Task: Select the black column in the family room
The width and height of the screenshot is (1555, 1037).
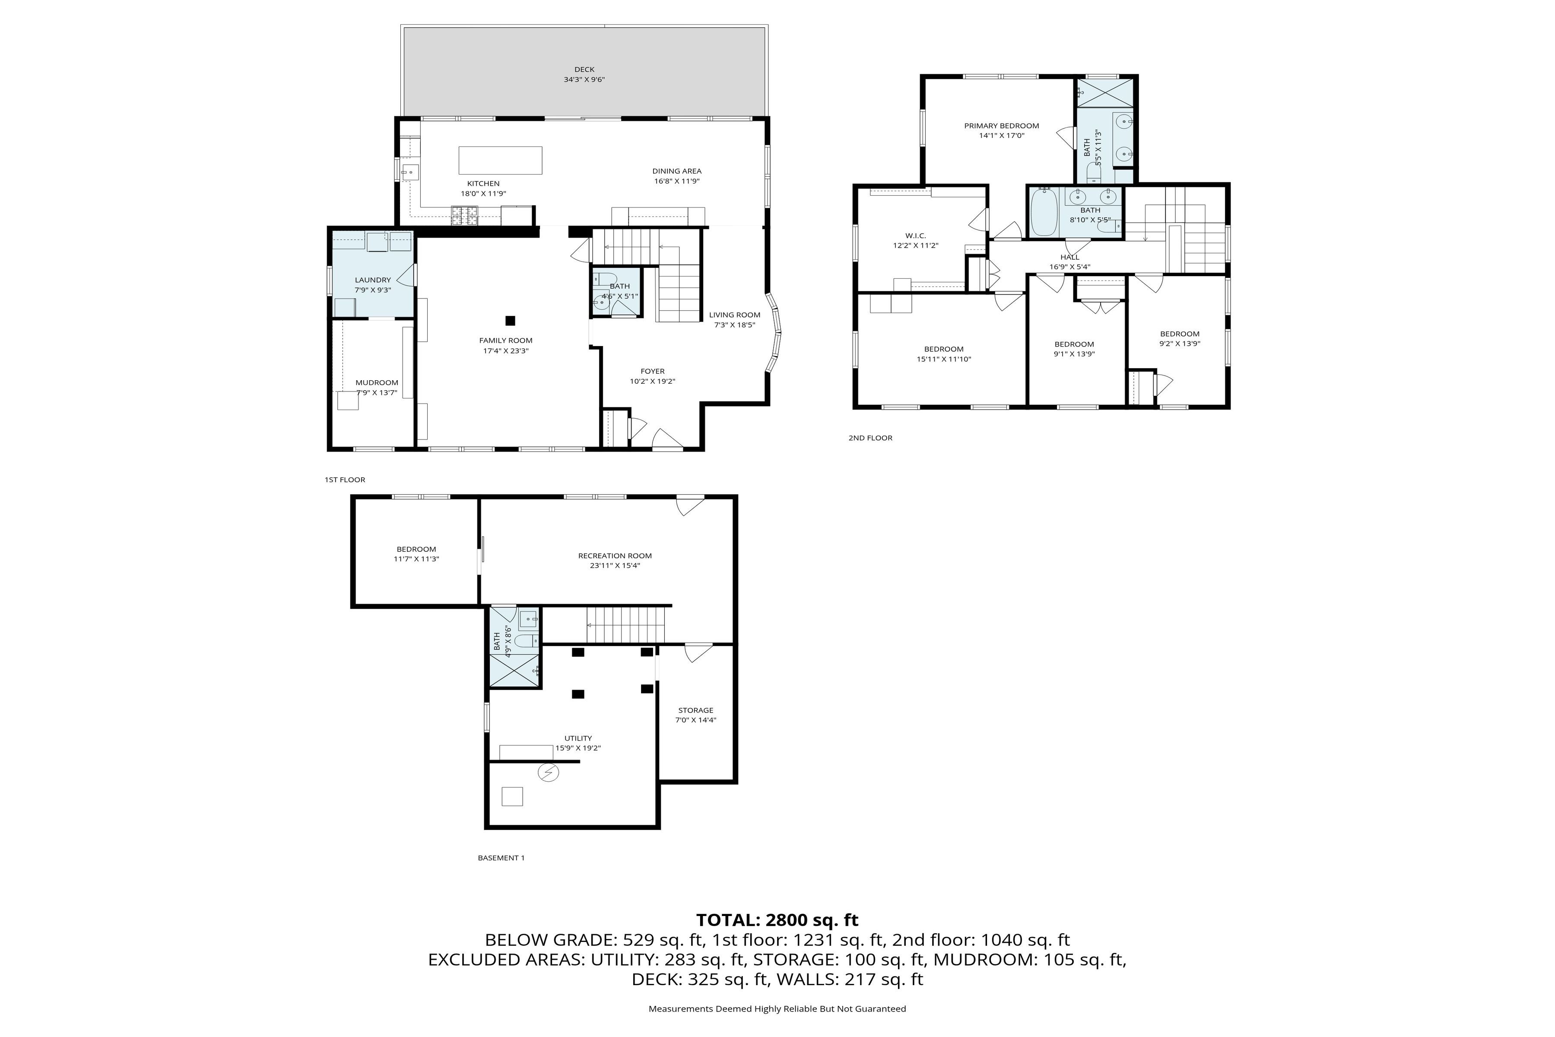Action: point(510,321)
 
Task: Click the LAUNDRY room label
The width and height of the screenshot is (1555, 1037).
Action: point(372,280)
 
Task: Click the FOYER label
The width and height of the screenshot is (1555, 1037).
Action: point(652,371)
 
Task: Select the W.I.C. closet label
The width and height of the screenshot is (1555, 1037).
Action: point(915,235)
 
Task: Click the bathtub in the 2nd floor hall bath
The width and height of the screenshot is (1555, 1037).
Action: point(1043,212)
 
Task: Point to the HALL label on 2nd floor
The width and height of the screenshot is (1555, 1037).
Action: point(1069,257)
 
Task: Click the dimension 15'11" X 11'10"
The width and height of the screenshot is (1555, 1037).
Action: point(943,359)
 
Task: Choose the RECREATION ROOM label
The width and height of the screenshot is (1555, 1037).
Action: point(614,556)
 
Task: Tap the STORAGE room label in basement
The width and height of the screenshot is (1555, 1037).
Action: point(695,710)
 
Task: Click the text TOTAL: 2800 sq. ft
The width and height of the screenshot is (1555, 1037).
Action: point(777,920)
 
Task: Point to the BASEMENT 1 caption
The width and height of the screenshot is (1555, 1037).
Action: point(501,858)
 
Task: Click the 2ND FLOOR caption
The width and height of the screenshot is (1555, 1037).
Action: point(870,438)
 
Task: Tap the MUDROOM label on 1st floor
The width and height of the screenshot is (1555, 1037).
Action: point(376,383)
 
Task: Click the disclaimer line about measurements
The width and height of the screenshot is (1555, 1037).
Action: point(777,1008)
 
